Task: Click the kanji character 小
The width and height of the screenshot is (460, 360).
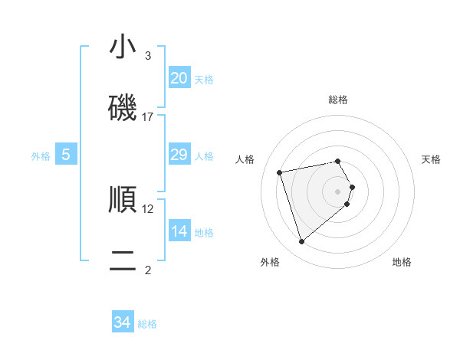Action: point(123,47)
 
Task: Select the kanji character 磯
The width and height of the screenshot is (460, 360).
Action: point(123,107)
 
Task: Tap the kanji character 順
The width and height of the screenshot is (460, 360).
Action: point(123,199)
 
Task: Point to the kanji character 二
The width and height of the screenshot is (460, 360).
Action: point(123,260)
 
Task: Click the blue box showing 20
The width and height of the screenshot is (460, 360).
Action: point(179,77)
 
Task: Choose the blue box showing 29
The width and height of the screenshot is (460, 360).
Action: point(179,155)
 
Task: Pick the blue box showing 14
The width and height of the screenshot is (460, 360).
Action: point(179,231)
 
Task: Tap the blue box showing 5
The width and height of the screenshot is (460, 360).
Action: point(66,155)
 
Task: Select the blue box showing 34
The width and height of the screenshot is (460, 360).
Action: point(123,322)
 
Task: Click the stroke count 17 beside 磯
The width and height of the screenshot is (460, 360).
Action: point(148,117)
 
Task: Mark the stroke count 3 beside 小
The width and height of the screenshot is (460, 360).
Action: point(148,56)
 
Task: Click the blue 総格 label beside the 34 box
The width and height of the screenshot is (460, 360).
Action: point(147,324)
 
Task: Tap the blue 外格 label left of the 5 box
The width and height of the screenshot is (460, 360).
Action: point(41,156)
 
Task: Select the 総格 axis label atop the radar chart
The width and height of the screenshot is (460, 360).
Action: point(338,100)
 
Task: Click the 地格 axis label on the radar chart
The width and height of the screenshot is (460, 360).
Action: point(402,263)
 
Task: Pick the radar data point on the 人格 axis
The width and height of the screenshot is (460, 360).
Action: point(281,172)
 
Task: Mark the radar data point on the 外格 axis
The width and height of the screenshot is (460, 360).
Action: point(302,241)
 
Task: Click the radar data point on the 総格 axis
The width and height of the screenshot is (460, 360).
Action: point(338,161)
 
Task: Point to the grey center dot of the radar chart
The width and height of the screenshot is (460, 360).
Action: point(338,191)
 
